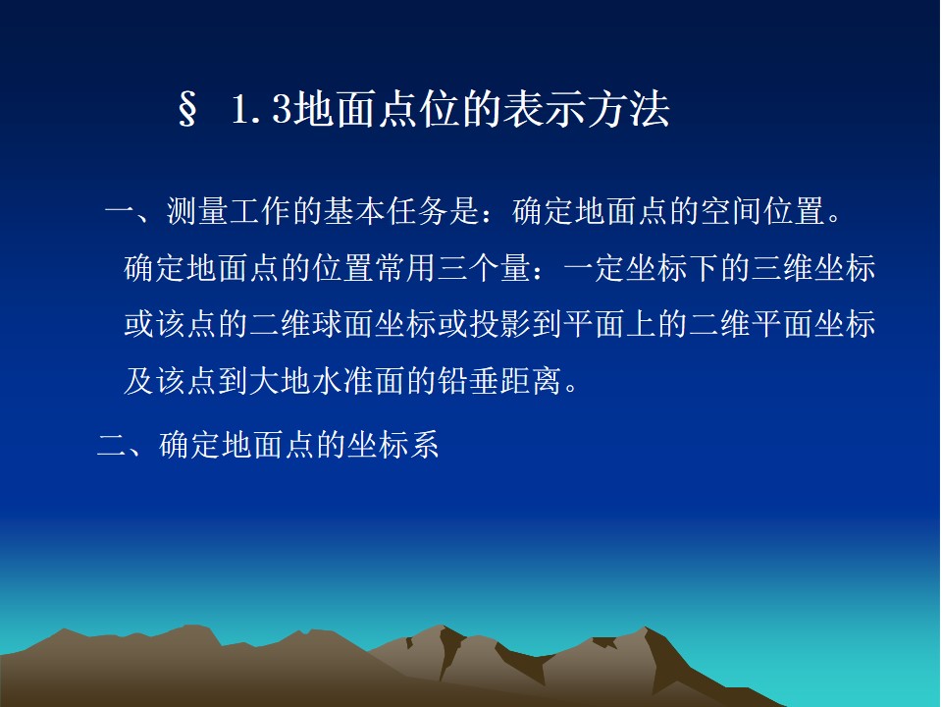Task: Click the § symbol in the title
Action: pyautogui.click(x=187, y=109)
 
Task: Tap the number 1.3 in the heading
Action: pyautogui.click(x=261, y=109)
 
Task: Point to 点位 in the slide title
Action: pyautogui.click(x=418, y=109)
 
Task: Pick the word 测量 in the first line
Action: pyautogui.click(x=197, y=211)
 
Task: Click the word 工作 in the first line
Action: pyautogui.click(x=260, y=211)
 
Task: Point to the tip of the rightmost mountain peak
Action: pyautogui.click(x=647, y=627)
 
